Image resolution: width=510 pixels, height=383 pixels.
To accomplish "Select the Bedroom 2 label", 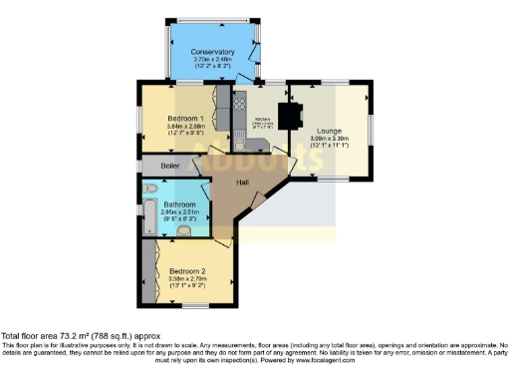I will pyautogui.click(x=188, y=271).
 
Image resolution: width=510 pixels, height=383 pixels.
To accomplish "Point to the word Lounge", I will pyautogui.click(x=330, y=131).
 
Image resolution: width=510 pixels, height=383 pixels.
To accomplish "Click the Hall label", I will pyautogui.click(x=241, y=183).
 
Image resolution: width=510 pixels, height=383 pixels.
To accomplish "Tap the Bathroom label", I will pyautogui.click(x=166, y=203).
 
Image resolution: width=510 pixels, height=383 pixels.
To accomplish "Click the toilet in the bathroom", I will pyautogui.click(x=149, y=189).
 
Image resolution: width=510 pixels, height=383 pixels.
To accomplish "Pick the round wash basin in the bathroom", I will pyautogui.click(x=184, y=230).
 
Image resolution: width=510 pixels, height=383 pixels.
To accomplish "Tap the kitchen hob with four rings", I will pyautogui.click(x=239, y=103).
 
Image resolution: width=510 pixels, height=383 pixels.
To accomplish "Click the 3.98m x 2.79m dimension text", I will pyautogui.click(x=188, y=279).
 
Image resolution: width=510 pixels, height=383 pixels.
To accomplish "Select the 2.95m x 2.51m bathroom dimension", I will pyautogui.click(x=166, y=211).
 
